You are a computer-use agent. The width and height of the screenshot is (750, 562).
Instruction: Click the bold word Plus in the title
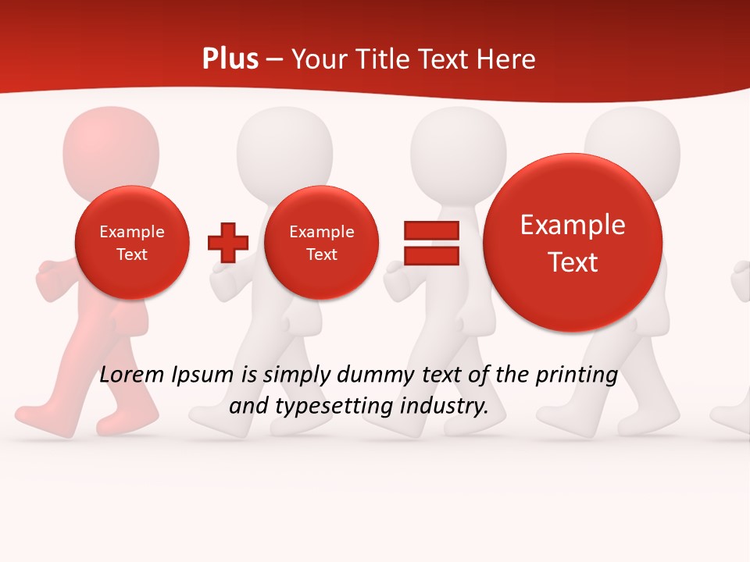click(x=230, y=59)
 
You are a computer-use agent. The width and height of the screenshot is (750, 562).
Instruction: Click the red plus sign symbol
click(x=227, y=242)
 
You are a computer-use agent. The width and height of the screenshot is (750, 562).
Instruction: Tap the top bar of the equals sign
click(x=430, y=230)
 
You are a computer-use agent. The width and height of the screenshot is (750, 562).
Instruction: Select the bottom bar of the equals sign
click(x=430, y=255)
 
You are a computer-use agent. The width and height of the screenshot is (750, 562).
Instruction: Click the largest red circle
click(x=573, y=243)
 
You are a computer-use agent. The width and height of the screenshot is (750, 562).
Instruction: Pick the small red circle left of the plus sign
click(x=132, y=243)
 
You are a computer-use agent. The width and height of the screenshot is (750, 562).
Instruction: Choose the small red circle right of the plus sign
click(x=321, y=243)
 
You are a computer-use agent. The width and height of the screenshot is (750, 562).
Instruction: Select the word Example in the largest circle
click(x=573, y=225)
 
